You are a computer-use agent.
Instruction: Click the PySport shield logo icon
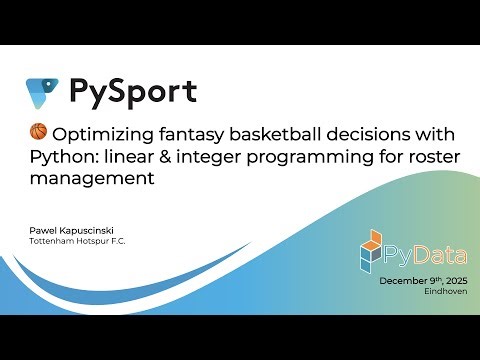point(42,92)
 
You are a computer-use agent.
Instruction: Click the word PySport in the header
point(132,92)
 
